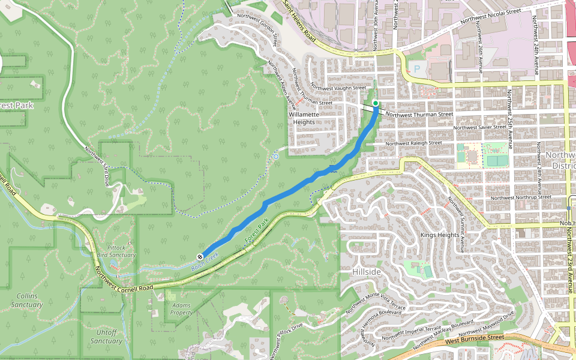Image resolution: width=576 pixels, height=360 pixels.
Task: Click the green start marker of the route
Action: tap(376, 103)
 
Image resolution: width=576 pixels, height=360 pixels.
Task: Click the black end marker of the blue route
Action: tap(200, 256)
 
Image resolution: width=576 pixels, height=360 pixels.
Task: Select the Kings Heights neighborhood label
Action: tap(440, 235)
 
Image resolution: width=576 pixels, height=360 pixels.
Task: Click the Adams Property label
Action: tap(181, 309)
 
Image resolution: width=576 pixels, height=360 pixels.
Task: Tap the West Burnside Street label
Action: tap(473, 338)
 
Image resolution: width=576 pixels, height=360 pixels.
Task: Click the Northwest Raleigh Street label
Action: tap(413, 143)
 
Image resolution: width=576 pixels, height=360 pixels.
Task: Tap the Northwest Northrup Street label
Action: tap(520, 197)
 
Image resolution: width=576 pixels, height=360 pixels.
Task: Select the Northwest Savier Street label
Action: tap(481, 127)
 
